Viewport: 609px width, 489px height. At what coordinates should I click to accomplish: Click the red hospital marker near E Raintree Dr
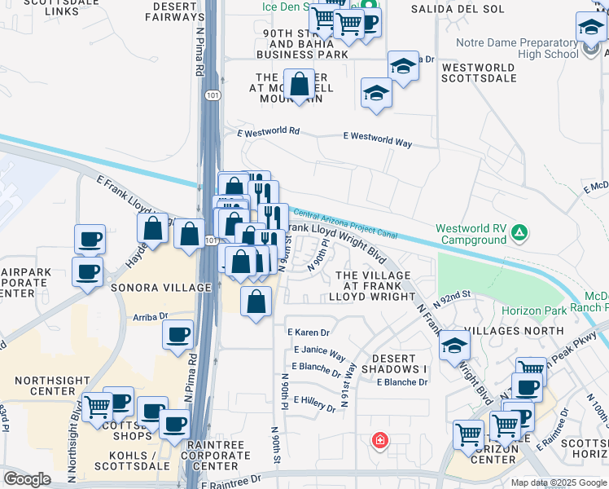click(x=379, y=442)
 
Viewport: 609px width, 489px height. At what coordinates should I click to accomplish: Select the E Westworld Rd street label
click(x=269, y=131)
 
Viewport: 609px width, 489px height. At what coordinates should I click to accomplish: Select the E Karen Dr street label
click(x=309, y=333)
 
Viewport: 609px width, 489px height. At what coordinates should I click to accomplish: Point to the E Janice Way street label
click(x=320, y=354)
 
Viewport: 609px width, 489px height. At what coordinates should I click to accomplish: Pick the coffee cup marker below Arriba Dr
click(x=177, y=333)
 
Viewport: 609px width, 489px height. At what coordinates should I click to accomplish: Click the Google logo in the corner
click(x=27, y=479)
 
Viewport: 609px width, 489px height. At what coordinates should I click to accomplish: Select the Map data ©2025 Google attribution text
click(x=558, y=482)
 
